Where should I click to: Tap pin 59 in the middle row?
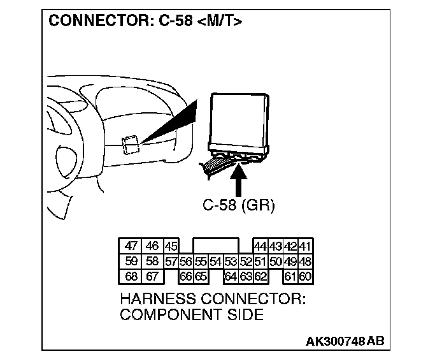(131, 262)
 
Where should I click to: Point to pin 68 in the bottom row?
(131, 276)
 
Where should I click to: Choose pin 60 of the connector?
(306, 276)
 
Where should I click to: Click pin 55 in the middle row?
(201, 262)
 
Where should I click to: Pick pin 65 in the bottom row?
(201, 276)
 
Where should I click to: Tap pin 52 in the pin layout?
(246, 262)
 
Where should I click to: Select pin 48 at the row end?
(306, 262)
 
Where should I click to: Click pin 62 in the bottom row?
(260, 276)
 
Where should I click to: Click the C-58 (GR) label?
(238, 205)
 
